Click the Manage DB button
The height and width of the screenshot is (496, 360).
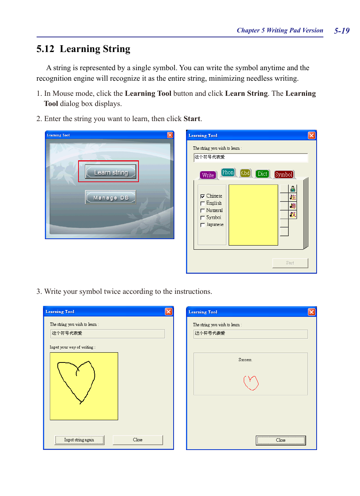(x=110, y=197)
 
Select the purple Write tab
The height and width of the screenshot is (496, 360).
(x=208, y=175)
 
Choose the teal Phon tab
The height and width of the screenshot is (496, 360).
(x=228, y=172)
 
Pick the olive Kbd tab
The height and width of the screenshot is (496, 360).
(x=245, y=173)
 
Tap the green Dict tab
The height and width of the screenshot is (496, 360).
(x=262, y=174)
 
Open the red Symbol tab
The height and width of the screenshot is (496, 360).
(x=284, y=174)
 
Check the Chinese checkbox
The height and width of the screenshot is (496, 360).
(x=203, y=196)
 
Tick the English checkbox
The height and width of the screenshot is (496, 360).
(x=203, y=203)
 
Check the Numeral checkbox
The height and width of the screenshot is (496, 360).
(x=203, y=210)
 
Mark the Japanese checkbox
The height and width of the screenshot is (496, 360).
(x=203, y=225)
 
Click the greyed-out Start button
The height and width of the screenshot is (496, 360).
(x=290, y=263)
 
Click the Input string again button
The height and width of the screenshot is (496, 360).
(x=79, y=440)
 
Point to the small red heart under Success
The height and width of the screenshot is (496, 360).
(x=251, y=382)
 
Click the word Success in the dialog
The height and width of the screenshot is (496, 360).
(x=245, y=360)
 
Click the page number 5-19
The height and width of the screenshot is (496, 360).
(x=342, y=31)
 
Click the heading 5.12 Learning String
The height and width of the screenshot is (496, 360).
(x=83, y=49)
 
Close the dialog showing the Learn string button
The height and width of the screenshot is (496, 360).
(x=170, y=135)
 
